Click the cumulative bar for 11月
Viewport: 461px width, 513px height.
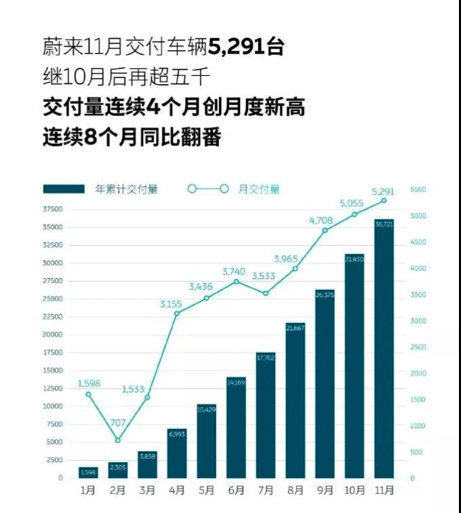383,349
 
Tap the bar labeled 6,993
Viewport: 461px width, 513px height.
176,453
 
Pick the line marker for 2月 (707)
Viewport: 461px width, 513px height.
118,440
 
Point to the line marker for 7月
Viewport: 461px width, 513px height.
265,293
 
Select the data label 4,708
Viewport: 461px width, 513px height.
321,220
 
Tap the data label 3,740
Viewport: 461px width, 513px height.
235,271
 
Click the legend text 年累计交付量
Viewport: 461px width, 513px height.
127,189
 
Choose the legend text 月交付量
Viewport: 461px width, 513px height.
259,189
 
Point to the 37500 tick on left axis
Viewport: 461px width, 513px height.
52,210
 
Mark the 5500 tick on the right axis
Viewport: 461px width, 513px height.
418,190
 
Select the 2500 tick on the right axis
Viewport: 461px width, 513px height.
418,347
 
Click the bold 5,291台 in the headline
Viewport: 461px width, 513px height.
246,47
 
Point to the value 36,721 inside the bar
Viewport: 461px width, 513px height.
383,224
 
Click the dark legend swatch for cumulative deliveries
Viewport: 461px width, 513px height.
64,189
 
